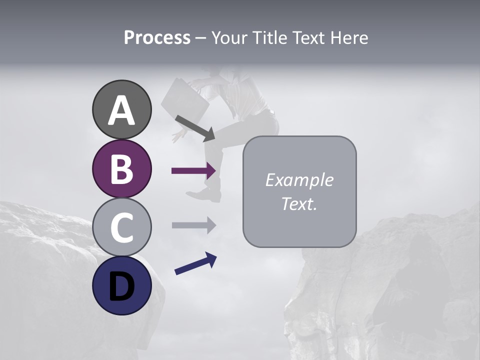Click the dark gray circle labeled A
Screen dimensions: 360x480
122,109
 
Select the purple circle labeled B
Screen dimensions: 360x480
122,168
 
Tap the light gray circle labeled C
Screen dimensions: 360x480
122,227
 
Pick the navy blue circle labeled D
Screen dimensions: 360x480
122,285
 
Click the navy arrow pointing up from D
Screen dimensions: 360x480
195,263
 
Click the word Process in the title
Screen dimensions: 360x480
157,38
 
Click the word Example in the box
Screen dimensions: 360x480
299,180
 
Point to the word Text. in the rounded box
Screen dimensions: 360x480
299,204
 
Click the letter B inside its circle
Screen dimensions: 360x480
122,168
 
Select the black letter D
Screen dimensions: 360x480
122,285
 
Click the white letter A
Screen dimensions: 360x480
122,110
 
